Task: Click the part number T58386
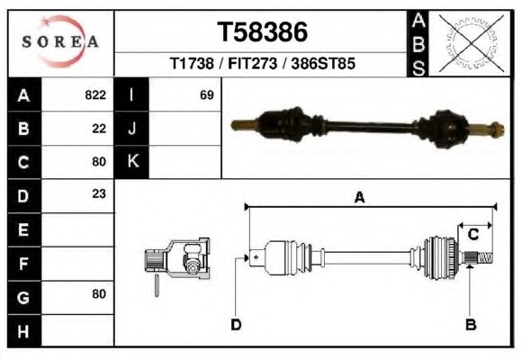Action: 262,32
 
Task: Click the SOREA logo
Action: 60,41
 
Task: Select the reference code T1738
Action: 192,63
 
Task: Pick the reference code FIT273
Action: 252,63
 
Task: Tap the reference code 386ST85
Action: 323,63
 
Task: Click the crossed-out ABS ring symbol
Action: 471,43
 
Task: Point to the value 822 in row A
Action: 95,94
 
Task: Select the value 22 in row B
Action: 99,129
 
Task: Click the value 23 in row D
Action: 99,193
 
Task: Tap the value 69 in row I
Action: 207,95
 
